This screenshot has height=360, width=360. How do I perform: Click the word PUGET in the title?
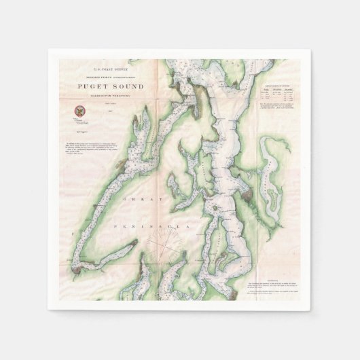(89, 86)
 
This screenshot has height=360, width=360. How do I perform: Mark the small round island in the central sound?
(214, 209)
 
